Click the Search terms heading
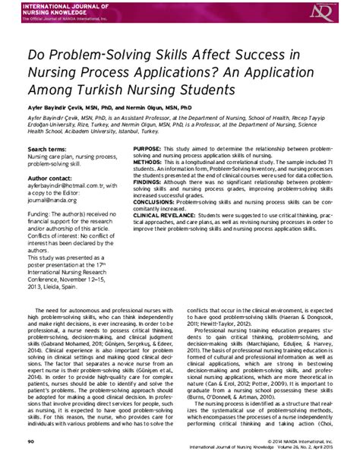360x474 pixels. click(46, 149)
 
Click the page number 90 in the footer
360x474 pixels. click(31, 460)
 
